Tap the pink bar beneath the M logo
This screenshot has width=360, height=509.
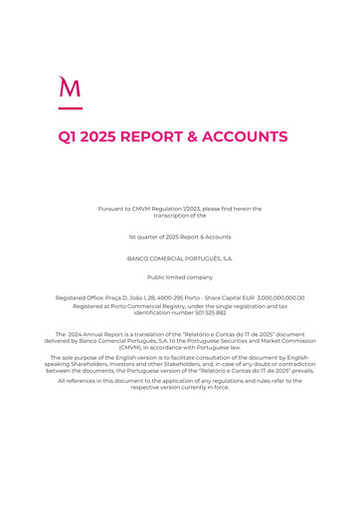pyautogui.click(x=70, y=106)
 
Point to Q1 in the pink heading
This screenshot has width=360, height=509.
pyautogui.click(x=71, y=137)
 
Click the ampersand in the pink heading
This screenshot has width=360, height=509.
pyautogui.click(x=207, y=137)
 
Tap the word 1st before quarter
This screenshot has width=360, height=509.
pyautogui.click(x=133, y=237)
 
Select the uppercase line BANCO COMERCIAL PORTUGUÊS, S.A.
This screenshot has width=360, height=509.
pyautogui.click(x=180, y=258)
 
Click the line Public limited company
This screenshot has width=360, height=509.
pyautogui.click(x=180, y=277)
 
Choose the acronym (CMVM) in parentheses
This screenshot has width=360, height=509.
pyautogui.click(x=131, y=347)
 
